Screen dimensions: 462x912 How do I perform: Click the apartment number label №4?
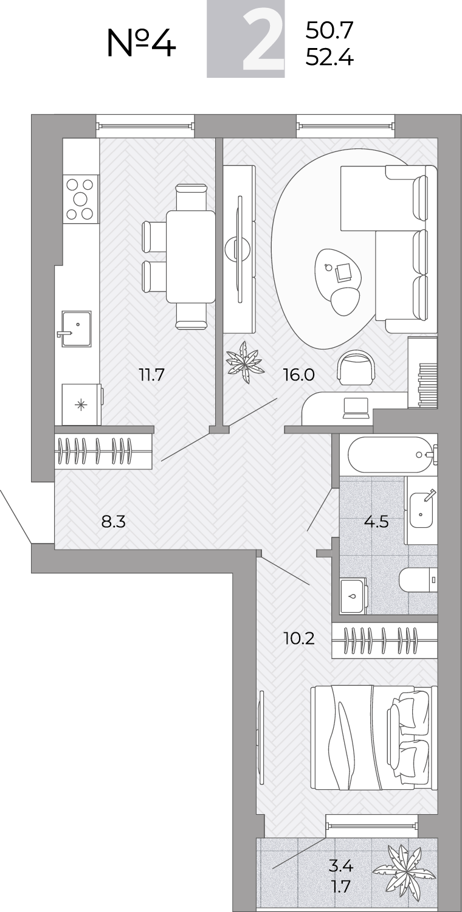pyautogui.click(x=141, y=43)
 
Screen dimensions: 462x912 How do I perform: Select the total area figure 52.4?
pyautogui.click(x=329, y=58)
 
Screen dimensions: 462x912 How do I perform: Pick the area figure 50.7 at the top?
pyautogui.click(x=329, y=30)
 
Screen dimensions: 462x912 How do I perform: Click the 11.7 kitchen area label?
pyautogui.click(x=152, y=374)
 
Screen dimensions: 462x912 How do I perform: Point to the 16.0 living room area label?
pyautogui.click(x=299, y=374)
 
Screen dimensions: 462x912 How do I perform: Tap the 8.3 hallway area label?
pyautogui.click(x=114, y=521)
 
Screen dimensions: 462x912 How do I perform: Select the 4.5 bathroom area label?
pyautogui.click(x=376, y=521)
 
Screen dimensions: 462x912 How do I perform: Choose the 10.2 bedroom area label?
pyautogui.click(x=299, y=638)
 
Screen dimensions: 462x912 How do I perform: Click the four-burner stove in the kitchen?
pyautogui.click(x=81, y=199)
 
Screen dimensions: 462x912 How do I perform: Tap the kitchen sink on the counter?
pyautogui.click(x=76, y=329)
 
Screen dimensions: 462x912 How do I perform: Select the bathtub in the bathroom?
pyautogui.click(x=388, y=455)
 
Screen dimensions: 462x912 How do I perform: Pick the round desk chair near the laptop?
pyautogui.click(x=356, y=368)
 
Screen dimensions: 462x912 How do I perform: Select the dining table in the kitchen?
pyautogui.click(x=190, y=257)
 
